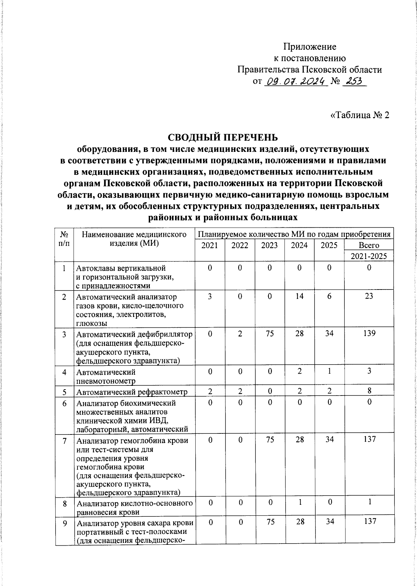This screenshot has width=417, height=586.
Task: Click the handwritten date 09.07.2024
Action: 296,82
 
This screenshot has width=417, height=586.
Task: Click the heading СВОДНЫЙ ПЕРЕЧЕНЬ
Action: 223,137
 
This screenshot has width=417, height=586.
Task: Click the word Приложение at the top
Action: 310,46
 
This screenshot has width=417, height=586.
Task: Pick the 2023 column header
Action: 269,245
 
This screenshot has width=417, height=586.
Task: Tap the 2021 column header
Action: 210,245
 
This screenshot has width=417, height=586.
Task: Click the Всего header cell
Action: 369,245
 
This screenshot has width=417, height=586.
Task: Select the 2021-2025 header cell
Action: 369,257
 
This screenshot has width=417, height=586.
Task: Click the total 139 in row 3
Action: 369,333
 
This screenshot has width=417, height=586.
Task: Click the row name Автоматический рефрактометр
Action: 132,392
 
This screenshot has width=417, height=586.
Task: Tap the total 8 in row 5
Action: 369,391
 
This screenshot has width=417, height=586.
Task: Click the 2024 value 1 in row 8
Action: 299,502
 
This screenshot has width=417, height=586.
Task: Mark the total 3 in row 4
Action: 369,371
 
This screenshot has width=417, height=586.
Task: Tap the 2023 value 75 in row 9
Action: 269,522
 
